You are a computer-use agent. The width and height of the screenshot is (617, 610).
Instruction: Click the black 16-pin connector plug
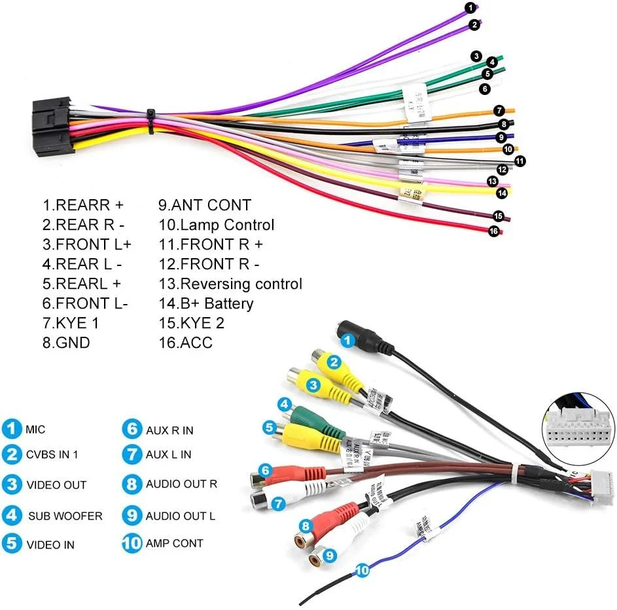pos(48,124)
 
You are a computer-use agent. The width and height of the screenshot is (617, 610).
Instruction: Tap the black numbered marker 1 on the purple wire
pos(470,8)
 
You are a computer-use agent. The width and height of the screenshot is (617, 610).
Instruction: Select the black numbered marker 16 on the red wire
pos(493,231)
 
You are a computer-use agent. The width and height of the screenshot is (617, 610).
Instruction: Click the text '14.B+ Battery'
pos(205,303)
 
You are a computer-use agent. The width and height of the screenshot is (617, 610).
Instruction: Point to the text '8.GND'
pos(66,343)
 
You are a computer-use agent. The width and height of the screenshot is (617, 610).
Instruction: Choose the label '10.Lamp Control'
pos(216,225)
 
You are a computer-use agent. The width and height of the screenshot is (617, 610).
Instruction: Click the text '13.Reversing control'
pos(230,284)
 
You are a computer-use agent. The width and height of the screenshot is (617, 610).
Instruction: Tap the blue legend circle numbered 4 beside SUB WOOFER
pos(11,515)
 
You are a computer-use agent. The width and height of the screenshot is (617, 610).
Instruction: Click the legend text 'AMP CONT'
pos(174,543)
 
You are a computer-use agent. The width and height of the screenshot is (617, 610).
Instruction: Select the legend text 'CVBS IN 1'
pos(52,454)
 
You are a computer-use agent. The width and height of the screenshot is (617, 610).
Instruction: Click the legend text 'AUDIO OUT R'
pos(181,484)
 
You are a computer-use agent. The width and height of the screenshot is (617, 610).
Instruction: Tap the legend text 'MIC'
pos(36,430)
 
